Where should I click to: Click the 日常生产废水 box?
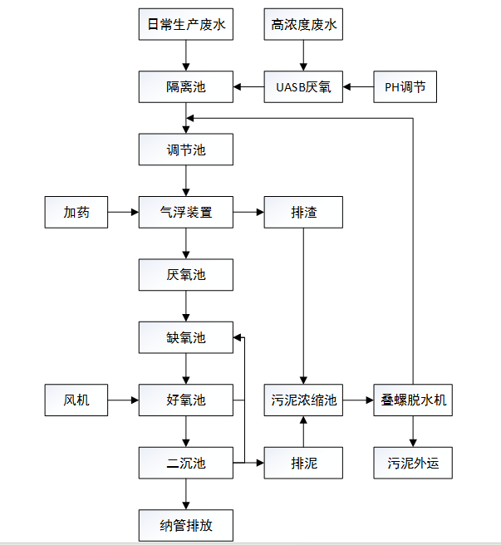tap(185, 25)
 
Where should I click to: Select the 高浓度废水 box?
tap(303, 25)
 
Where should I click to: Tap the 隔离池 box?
tap(185, 86)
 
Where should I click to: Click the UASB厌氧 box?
tap(303, 86)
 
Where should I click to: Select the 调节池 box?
tap(185, 150)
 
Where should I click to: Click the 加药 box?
tap(76, 213)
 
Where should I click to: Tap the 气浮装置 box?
tap(185, 213)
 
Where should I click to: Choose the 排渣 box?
tap(303, 213)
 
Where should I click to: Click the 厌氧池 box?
tap(185, 274)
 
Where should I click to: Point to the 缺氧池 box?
tap(185, 337)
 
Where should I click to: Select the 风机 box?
tap(76, 400)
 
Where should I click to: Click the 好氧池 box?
tap(185, 400)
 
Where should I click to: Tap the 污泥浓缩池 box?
tap(303, 400)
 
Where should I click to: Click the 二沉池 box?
tap(185, 463)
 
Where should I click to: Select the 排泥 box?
tap(303, 463)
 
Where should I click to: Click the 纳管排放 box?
tap(185, 525)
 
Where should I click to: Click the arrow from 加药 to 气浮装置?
tap(123, 213)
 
